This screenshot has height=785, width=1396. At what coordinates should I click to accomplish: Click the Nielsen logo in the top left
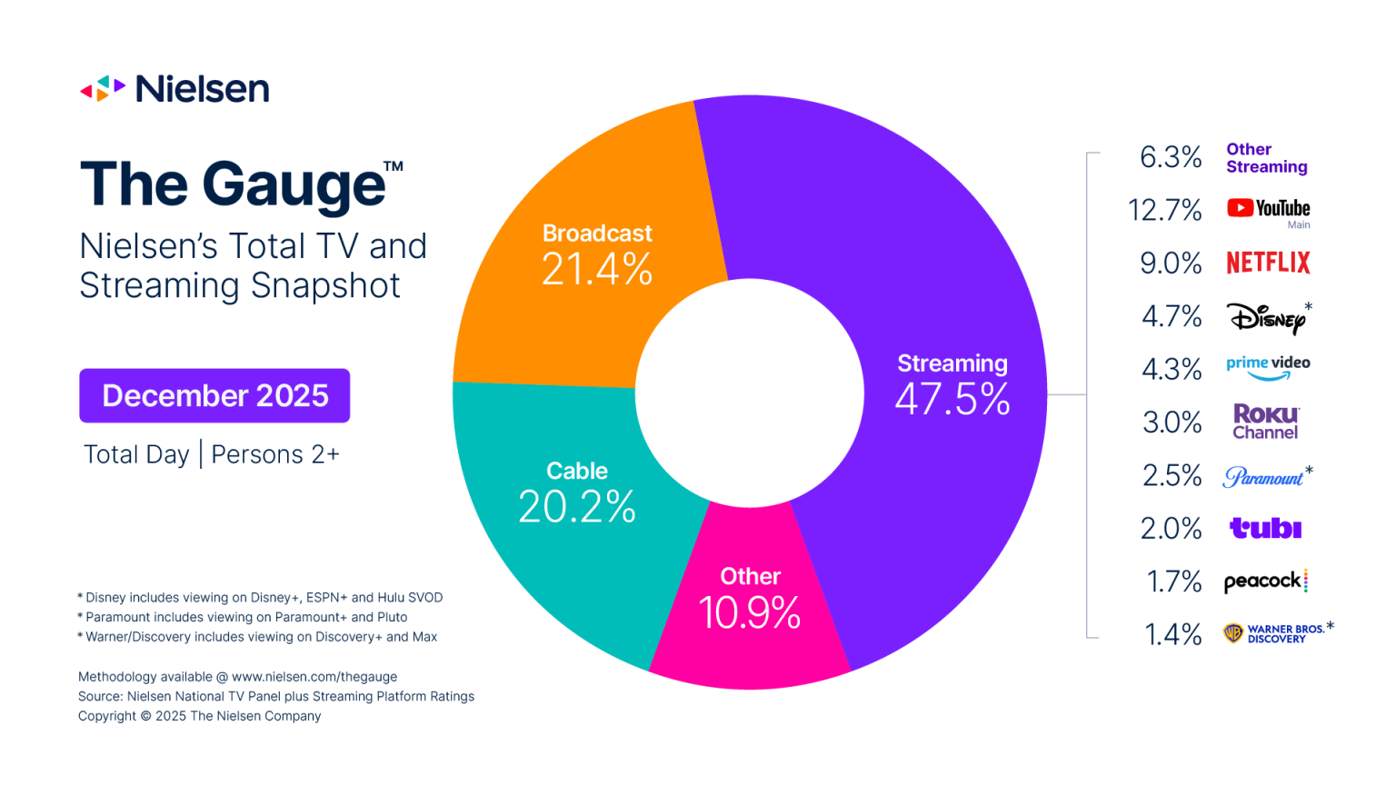pos(174,89)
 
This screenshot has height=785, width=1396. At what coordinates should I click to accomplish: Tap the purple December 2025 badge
pos(214,395)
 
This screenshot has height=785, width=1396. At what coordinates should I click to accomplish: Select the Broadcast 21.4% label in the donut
pos(597,256)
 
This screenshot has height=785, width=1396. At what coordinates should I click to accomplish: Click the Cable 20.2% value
pos(577,506)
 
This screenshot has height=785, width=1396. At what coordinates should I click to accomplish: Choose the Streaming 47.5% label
pos(952,386)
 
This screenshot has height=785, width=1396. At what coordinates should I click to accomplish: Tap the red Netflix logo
pos(1268,263)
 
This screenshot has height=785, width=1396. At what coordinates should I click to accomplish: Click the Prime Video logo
pos(1268,366)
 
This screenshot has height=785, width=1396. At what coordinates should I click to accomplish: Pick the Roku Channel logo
pos(1265,422)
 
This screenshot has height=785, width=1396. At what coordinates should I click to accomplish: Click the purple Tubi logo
pos(1265,528)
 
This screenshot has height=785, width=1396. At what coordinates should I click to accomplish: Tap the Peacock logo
pos(1265,581)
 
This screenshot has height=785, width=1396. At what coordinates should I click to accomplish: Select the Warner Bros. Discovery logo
pos(1275,633)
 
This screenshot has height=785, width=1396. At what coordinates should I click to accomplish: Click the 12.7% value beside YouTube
pos(1164,210)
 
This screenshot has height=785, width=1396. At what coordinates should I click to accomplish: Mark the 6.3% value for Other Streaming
pos(1171,157)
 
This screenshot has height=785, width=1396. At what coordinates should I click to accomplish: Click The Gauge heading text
pos(234,184)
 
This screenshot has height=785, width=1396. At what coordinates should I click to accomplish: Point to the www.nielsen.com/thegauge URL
pos(314,677)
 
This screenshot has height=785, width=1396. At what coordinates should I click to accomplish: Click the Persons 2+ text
pos(275,454)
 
